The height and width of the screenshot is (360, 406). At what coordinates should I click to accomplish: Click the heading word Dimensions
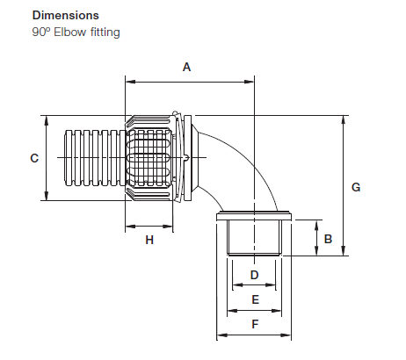[65, 16]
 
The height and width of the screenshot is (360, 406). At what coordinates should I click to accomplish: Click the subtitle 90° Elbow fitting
[76, 32]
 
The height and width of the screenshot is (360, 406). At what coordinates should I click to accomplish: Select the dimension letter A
[185, 67]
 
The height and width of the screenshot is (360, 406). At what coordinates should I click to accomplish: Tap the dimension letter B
[327, 238]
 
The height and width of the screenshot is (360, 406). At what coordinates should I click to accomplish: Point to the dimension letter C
[33, 158]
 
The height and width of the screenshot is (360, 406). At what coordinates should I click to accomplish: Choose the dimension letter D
[254, 275]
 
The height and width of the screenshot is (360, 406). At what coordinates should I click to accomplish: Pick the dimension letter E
[254, 299]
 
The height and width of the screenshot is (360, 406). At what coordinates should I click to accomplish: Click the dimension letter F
[254, 324]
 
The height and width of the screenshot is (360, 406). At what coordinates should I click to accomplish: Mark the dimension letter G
[355, 187]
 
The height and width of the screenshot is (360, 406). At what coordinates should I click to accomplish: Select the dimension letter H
[149, 240]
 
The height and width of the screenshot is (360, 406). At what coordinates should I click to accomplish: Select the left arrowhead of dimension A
[130, 81]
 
